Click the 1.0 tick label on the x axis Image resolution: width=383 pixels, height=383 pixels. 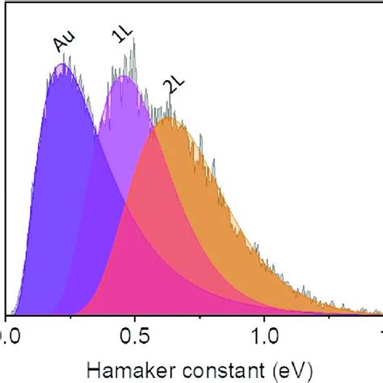point(266,334)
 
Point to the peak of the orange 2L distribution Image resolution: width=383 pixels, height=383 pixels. point(167,119)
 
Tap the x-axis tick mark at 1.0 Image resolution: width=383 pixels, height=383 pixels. point(266,318)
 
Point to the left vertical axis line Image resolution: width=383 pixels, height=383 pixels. point(7,202)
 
